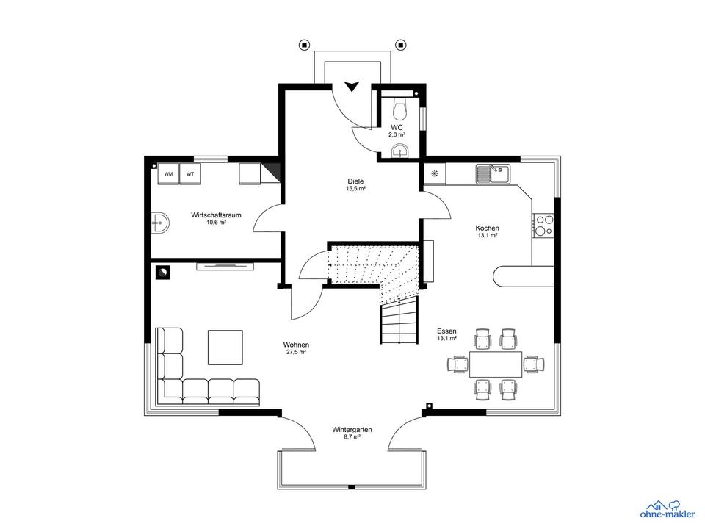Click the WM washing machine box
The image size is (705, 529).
click(169, 174)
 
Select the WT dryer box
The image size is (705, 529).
click(191, 174)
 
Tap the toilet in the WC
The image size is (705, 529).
click(400, 109)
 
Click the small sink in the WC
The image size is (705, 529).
click(399, 151)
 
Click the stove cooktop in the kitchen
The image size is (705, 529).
click(544, 226)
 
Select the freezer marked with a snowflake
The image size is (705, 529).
click(435, 174)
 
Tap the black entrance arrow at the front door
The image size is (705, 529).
click(352, 86)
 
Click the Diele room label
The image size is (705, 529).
click(356, 181)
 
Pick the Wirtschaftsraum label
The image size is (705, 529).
click(216, 215)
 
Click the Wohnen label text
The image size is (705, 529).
click(296, 345)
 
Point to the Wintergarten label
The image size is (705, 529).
click(352, 429)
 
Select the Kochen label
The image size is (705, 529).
click(487, 228)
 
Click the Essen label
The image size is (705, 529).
click(446, 331)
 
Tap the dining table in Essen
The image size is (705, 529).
click(496, 364)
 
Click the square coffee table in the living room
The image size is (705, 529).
click(225, 347)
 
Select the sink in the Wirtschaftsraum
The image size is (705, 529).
click(160, 222)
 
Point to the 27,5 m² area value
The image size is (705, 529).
click(296, 353)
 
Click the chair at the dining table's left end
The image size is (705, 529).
click(458, 364)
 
